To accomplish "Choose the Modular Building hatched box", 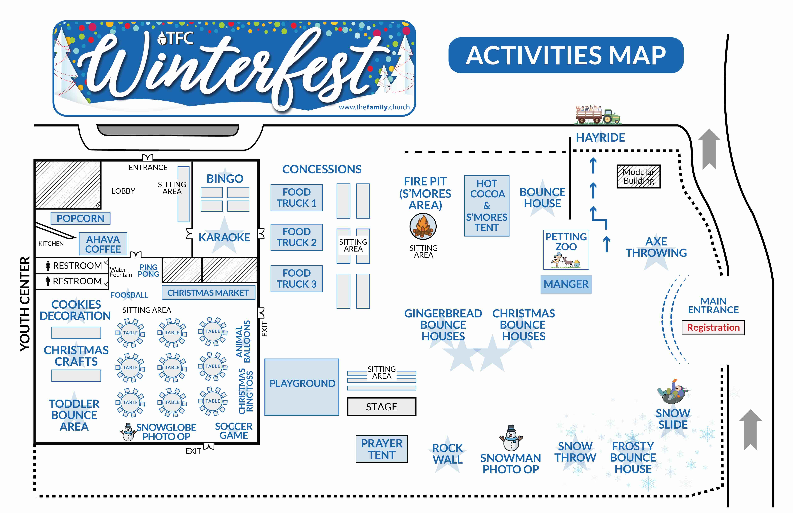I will (x=638, y=177).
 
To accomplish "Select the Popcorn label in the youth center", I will (x=80, y=219).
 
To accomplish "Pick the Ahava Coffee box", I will (x=103, y=244).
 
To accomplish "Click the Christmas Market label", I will (x=208, y=293).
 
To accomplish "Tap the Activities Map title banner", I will (x=566, y=55).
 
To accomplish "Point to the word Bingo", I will (x=225, y=179).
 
